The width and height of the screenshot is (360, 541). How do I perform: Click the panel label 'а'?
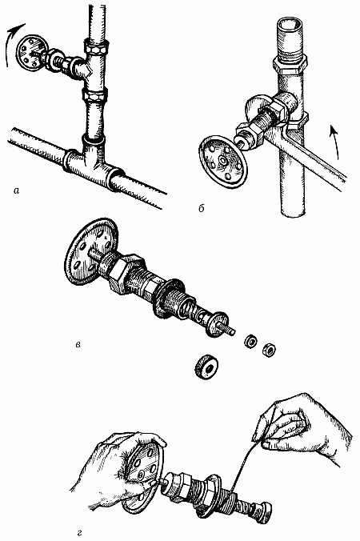point(16,190)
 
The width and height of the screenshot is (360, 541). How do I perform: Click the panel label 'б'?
point(202,208)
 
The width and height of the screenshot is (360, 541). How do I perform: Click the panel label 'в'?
point(78,344)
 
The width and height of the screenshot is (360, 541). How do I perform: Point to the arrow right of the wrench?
point(334,142)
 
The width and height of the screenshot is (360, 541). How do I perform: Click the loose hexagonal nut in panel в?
point(269,350)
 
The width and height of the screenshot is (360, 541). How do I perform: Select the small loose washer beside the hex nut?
point(250,342)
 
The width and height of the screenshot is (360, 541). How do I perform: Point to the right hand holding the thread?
point(302,424)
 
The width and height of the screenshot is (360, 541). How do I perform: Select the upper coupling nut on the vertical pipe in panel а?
point(96,47)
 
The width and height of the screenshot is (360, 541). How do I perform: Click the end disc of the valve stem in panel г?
point(266,507)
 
